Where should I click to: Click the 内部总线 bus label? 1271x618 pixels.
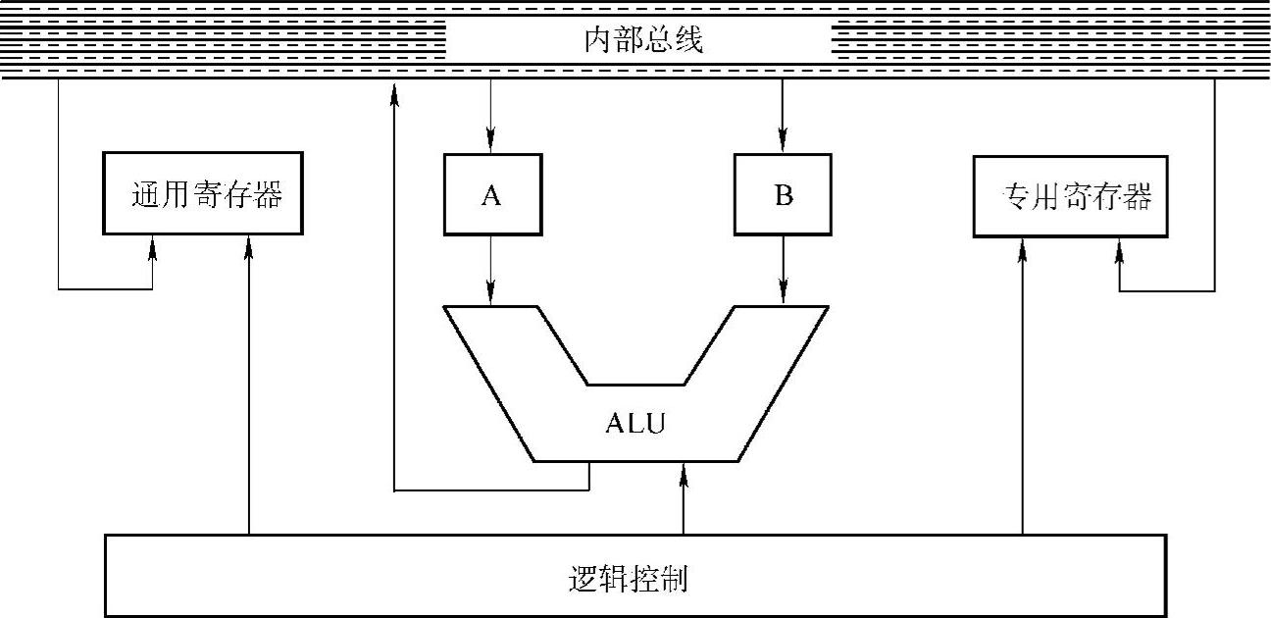tap(638, 42)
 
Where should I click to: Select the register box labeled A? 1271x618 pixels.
tap(491, 195)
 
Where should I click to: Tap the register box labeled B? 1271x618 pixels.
tap(783, 195)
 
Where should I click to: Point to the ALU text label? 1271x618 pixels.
tap(635, 424)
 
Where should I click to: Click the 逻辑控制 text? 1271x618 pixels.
tap(629, 578)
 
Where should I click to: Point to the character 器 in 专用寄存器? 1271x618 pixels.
tap(1137, 197)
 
